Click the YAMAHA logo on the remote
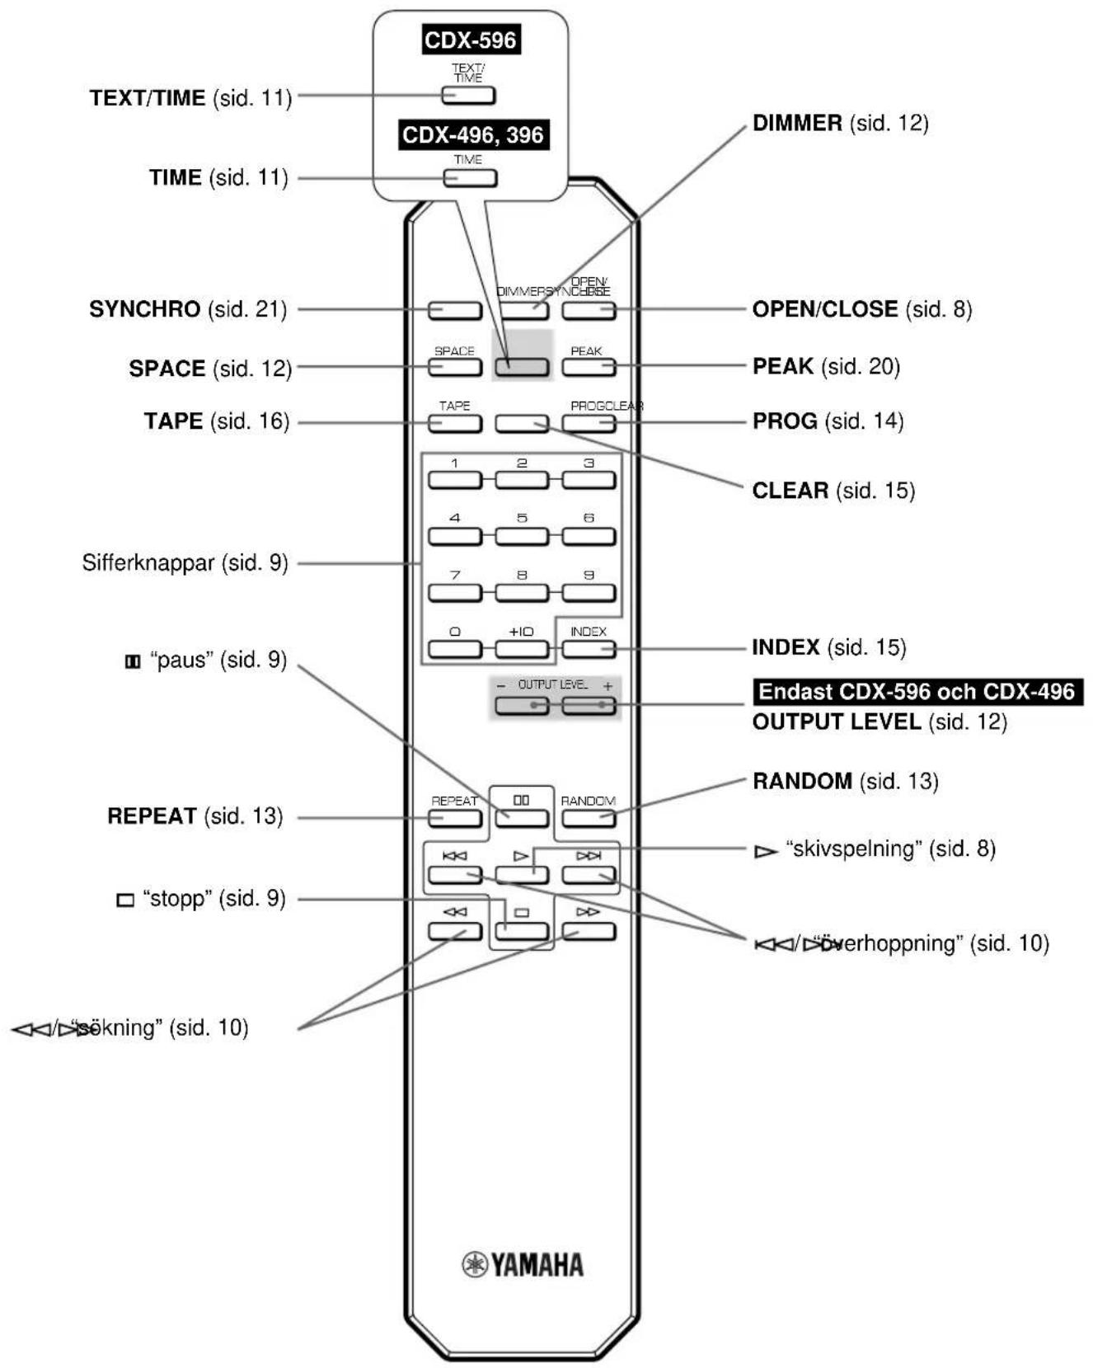pyautogui.click(x=522, y=1264)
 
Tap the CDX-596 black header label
pyautogui.click(x=470, y=40)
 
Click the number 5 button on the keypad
pyautogui.click(x=521, y=536)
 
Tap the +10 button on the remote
pyautogui.click(x=521, y=648)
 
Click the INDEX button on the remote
pyautogui.click(x=589, y=648)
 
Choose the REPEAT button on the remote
pyautogui.click(x=454, y=818)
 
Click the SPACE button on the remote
pyautogui.click(x=454, y=367)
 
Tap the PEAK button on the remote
pyautogui.click(x=589, y=367)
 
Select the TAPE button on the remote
pyautogui.click(x=454, y=423)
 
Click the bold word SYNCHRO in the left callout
pyautogui.click(x=144, y=309)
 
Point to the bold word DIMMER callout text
pyautogui.click(x=797, y=124)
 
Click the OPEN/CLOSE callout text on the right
pyautogui.click(x=824, y=309)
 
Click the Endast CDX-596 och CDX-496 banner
pyautogui.click(x=917, y=691)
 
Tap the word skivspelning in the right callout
pyautogui.click(x=852, y=849)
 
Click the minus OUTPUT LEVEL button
pyautogui.click(x=521, y=706)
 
